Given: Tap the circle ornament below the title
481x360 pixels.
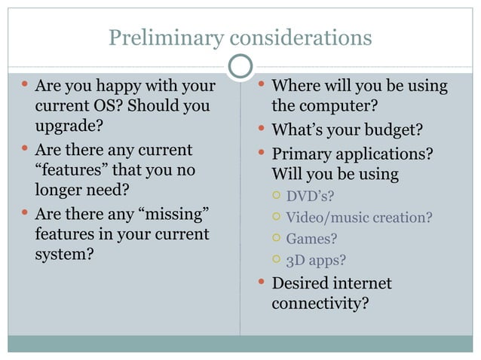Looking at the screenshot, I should click(x=240, y=66).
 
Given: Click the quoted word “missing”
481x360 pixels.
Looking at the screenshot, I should click(x=173, y=215).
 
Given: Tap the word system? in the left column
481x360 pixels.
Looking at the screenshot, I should click(x=65, y=254).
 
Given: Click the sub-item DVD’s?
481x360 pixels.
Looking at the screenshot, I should click(x=310, y=197).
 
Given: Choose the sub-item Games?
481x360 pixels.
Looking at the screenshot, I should click(x=311, y=239).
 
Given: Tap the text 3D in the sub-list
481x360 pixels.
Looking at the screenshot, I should click(x=296, y=261).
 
